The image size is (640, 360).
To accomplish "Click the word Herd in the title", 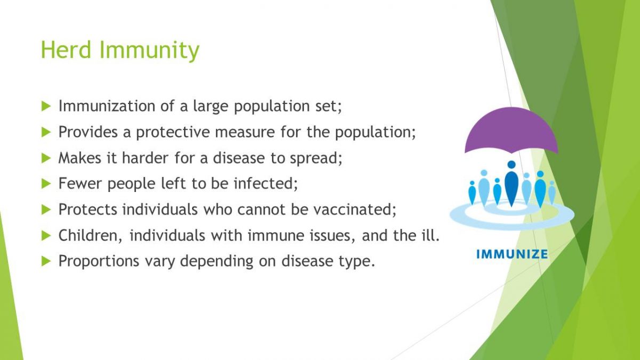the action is pos(66,50).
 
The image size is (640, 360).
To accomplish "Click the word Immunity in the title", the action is pos(149,51).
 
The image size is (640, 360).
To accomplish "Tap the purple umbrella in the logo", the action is pos(511,130).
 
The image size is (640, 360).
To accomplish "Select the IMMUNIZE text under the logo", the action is pos(512,254).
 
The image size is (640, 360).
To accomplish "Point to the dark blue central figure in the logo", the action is pos(511,183).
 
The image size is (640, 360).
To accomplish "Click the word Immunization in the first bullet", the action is pos(107,106).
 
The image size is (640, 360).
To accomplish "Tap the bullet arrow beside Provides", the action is pos(46,132).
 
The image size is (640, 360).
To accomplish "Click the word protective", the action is pos(173,133).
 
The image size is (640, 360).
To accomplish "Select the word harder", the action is pos(145,157).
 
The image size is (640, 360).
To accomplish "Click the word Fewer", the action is pos(80,183).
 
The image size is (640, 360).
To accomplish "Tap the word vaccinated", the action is pos(355,210).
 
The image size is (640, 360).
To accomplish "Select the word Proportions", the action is pos(99,261).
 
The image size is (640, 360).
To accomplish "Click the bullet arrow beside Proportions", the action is pos(46,261).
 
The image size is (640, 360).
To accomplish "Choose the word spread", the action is pos(316,158).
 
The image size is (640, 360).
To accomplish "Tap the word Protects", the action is pos(87,210).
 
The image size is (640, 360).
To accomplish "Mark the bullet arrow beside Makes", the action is pos(46,158).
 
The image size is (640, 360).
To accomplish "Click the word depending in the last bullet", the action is pos(217,261).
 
